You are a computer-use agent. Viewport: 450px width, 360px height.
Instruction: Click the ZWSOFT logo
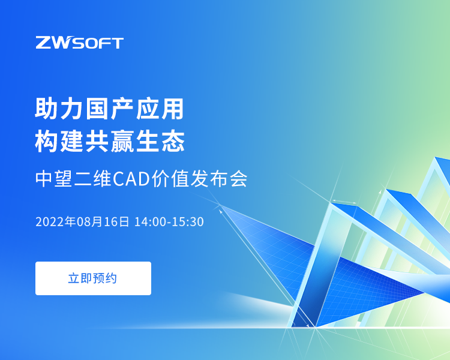[x=79, y=43]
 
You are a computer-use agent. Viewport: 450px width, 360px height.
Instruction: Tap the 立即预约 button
[x=93, y=278]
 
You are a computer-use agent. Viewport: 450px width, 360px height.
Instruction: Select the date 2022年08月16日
[x=82, y=221]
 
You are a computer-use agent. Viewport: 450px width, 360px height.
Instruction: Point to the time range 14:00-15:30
[x=169, y=221]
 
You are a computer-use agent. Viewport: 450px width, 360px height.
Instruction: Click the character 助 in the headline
[x=47, y=109]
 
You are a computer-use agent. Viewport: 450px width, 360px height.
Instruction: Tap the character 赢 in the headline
[x=122, y=140]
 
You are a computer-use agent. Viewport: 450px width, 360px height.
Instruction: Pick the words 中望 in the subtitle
[x=53, y=179]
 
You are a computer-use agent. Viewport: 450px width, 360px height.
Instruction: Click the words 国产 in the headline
[x=110, y=109]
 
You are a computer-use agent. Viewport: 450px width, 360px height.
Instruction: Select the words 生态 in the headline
[x=160, y=140]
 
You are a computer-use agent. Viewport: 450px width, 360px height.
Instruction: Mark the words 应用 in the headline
[x=160, y=109]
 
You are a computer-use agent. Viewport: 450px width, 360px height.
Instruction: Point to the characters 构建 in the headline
[x=59, y=140]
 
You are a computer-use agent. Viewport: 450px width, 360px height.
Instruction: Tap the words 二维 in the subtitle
[x=92, y=179]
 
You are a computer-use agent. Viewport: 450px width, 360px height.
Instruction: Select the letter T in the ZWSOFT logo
[x=117, y=43]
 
